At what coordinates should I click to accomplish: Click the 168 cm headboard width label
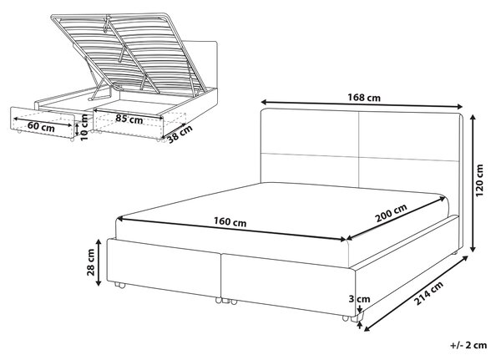[x=364, y=97]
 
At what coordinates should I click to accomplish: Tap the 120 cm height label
[x=479, y=180]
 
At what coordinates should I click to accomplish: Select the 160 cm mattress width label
[x=230, y=222]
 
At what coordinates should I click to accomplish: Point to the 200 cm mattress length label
[x=391, y=213]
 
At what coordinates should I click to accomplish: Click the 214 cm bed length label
[x=428, y=294]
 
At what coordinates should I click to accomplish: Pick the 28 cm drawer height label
[x=91, y=262]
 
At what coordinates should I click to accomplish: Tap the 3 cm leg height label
[x=359, y=299]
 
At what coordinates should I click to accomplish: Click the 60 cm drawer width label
[x=41, y=127]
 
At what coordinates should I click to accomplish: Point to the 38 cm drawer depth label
[x=180, y=134]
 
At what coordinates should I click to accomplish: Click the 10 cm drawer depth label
[x=83, y=128]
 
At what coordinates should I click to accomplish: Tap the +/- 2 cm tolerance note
[x=468, y=345]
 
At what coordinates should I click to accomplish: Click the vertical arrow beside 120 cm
[x=473, y=184]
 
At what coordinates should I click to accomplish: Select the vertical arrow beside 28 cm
[x=99, y=262]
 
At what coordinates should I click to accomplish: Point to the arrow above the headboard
[x=362, y=104]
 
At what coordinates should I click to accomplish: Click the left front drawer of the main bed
[x=164, y=266]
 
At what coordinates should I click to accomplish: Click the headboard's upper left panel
[x=310, y=132]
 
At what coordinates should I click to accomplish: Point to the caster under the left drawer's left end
[x=119, y=285]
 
